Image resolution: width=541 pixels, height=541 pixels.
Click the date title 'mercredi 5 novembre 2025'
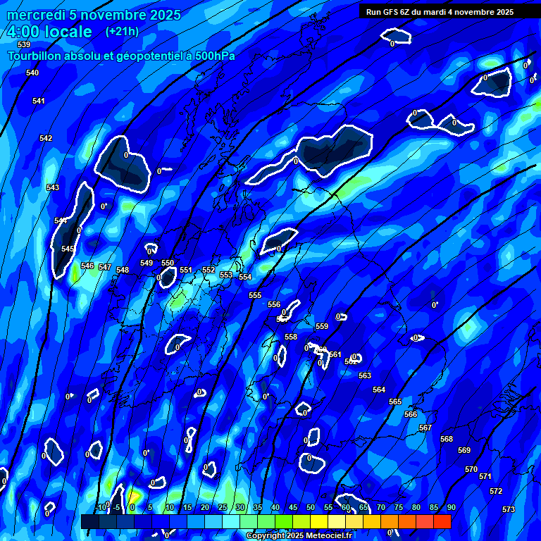point(94,15)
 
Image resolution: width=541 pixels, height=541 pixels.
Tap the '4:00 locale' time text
point(49,32)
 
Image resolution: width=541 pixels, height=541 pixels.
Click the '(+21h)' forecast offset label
point(122,31)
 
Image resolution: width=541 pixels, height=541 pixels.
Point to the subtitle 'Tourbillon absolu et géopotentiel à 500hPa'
point(121,55)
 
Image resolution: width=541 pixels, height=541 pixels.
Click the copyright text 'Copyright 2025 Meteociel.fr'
point(299,536)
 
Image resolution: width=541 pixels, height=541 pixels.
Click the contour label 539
point(24,44)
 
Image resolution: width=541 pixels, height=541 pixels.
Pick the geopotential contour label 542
point(46,138)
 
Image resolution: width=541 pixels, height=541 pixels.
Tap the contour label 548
point(123,270)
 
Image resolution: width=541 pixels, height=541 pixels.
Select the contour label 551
point(185,270)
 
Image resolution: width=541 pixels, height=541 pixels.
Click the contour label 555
point(255,295)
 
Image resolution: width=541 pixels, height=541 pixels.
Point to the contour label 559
point(322,326)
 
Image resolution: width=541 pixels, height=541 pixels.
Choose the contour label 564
point(379,390)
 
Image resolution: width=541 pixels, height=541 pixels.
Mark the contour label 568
point(447,439)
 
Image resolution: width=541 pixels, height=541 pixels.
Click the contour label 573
point(509,509)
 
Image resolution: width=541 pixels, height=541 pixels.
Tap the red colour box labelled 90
point(442,521)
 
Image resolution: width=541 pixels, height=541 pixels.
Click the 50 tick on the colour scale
point(311,507)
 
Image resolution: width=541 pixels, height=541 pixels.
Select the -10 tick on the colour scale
point(101,507)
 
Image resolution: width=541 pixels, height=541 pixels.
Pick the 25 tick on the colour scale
point(223,507)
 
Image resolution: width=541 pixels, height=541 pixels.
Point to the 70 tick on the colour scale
point(381,507)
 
